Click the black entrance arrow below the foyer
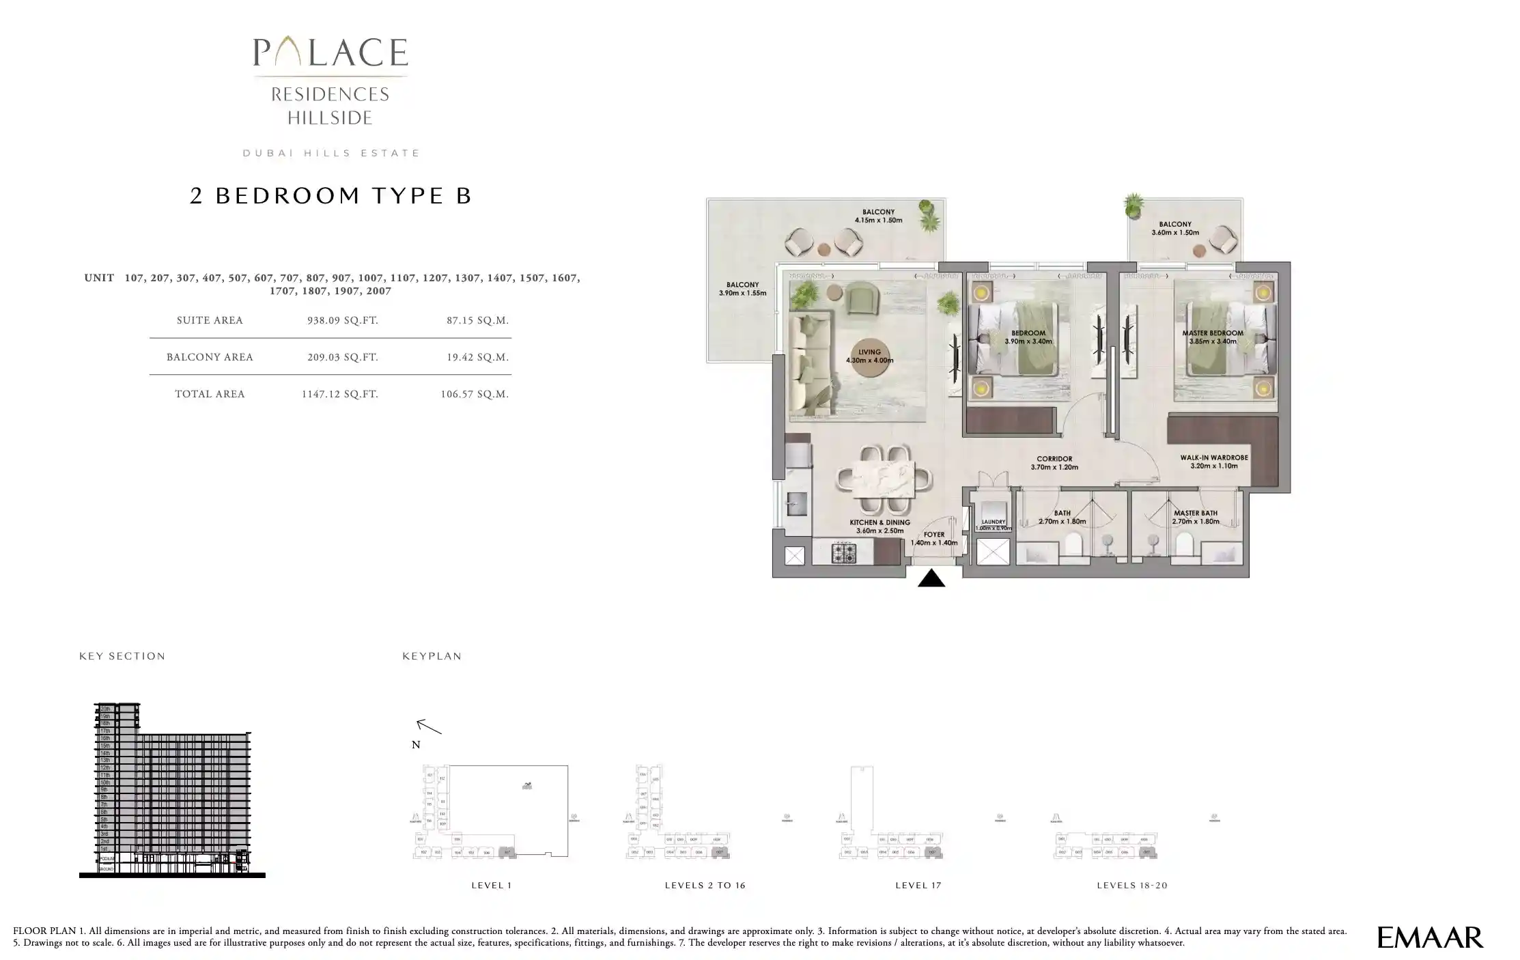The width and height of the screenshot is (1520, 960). coord(931,579)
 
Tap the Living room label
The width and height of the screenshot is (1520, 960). coord(869,356)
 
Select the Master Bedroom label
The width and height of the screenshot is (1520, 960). coord(1213,337)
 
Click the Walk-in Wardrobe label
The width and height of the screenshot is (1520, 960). coord(1214,462)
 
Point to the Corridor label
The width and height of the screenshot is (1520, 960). coord(1054,464)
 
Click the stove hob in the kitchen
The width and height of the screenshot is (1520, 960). coord(844,553)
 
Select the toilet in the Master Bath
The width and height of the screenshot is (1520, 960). coord(1185,545)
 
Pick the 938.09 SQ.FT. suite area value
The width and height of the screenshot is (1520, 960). coord(343,320)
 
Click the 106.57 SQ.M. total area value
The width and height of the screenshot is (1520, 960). coord(475,394)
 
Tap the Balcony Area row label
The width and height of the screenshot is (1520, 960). coord(210,357)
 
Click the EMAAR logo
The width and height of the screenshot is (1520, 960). coord(1430,937)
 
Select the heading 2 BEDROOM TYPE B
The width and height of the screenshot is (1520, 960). coord(330,196)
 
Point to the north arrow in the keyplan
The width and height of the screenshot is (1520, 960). coord(429,726)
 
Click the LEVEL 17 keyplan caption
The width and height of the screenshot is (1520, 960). coord(918,886)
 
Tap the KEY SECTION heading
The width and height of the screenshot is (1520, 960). coord(122,656)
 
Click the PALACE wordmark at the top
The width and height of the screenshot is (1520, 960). coord(330,53)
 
